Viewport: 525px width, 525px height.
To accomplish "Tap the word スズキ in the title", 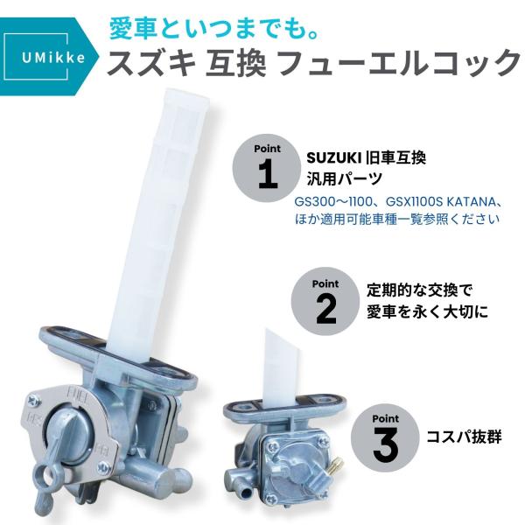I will [x=153, y=65].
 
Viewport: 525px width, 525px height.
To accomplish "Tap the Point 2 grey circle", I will [x=325, y=301].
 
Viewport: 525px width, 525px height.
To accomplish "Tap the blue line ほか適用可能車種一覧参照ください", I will [x=397, y=219].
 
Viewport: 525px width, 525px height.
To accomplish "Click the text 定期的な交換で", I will [x=420, y=290].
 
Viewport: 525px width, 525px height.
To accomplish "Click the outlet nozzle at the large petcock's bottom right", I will [x=179, y=480].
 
